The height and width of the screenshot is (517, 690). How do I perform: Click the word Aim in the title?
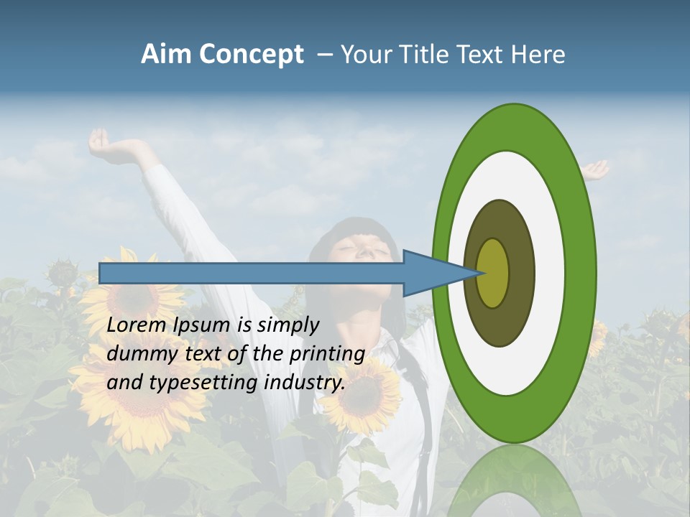pyautogui.click(x=167, y=55)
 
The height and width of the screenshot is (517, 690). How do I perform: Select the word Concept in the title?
pyautogui.click(x=250, y=55)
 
